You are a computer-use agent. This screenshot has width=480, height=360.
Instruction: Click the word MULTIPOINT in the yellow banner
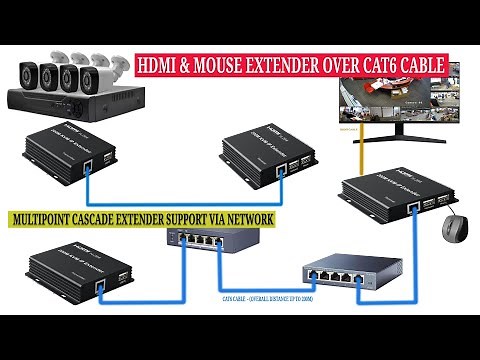coord(50,217)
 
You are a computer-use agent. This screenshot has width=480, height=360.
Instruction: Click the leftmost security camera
coord(29,75)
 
